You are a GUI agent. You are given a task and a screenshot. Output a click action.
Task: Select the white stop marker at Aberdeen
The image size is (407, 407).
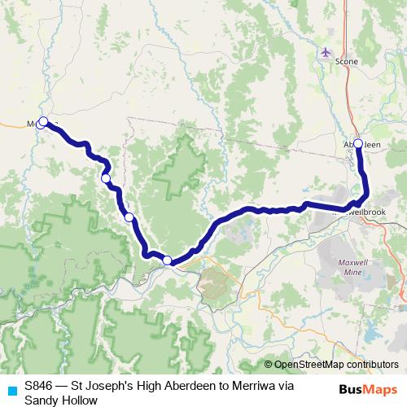point(357,143)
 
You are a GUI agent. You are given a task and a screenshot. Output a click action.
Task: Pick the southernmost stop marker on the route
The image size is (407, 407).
point(167,260)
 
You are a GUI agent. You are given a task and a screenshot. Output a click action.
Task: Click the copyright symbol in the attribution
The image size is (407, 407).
point(269,365)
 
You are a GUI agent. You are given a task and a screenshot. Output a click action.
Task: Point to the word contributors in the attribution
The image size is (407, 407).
point(371,365)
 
